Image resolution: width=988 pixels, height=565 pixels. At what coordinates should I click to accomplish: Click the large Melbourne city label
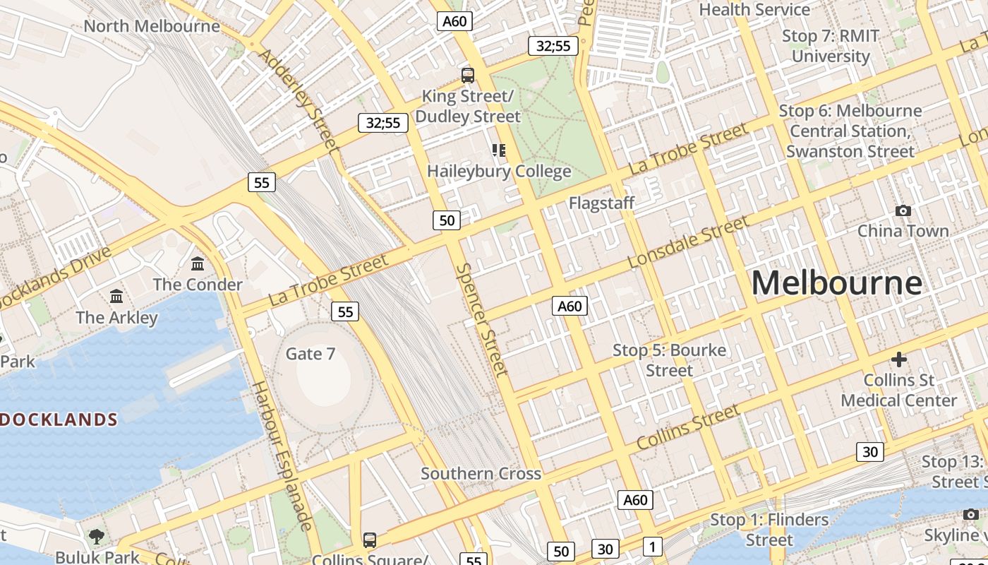coord(836,283)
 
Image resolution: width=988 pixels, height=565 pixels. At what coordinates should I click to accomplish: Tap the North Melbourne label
coord(152,26)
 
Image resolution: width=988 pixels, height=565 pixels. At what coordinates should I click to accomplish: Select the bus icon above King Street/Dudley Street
coord(467,75)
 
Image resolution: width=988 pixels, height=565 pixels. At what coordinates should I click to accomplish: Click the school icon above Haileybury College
coord(499,150)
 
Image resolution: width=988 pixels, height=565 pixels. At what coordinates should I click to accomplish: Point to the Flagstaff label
coord(602,203)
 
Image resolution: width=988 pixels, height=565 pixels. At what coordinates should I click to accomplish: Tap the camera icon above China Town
coord(903,210)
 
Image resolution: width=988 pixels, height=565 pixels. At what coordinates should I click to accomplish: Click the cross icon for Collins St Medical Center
coord(898,359)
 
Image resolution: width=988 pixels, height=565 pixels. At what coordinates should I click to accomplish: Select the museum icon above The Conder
coord(198,264)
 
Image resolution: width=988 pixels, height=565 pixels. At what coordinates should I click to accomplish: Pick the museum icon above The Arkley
coord(116,297)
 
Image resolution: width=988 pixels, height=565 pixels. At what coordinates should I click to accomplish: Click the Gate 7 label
coord(311,354)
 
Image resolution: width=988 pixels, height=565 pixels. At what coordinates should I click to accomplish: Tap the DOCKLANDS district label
coord(58,420)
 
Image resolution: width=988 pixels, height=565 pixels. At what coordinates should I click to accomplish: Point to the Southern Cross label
coord(481,474)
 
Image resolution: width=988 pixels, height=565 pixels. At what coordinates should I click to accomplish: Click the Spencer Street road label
coord(482,319)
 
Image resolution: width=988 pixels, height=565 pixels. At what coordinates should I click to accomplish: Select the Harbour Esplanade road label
coord(282,456)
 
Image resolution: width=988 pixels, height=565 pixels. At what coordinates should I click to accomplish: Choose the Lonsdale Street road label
coord(688,242)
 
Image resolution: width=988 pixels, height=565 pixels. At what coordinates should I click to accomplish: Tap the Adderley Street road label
coord(299,100)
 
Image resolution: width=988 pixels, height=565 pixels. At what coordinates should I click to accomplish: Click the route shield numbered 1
coord(653,546)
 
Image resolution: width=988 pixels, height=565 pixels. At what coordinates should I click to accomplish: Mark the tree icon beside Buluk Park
coord(96,537)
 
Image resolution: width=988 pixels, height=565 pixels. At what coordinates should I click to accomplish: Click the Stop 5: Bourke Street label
coord(669,360)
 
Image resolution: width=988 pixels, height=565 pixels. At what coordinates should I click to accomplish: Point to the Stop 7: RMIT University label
coord(831,46)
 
